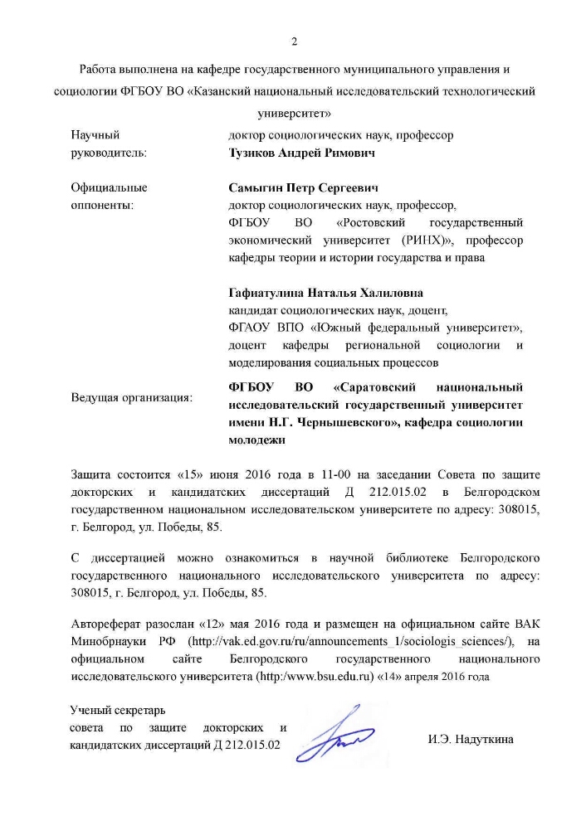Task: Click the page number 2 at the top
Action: pos(293,42)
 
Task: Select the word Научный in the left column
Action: pos(95,134)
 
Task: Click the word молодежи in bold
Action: pos(256,441)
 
